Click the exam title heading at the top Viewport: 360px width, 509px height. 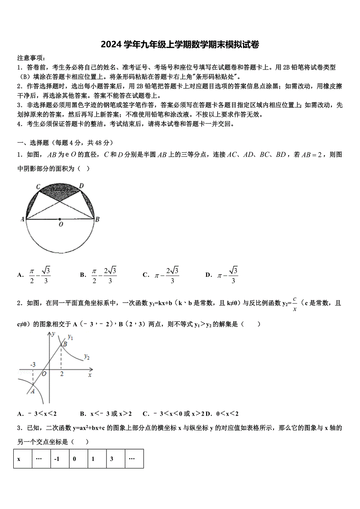(180, 45)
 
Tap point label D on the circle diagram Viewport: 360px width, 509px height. (81, 185)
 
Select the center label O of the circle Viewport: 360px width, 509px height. (61, 225)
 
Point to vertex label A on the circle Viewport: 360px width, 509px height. (22, 220)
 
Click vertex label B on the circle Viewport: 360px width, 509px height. (97, 220)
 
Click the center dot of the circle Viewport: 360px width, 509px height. (59, 219)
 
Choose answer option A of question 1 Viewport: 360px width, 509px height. (34, 275)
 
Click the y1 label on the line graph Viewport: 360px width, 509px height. (70, 336)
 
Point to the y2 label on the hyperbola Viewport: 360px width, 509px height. (87, 356)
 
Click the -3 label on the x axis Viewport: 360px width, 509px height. (33, 365)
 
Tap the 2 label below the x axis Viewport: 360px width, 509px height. (62, 374)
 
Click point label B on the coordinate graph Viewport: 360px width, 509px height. (65, 344)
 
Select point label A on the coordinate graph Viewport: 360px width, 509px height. (32, 391)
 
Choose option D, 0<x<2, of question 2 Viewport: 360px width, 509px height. (222, 414)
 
